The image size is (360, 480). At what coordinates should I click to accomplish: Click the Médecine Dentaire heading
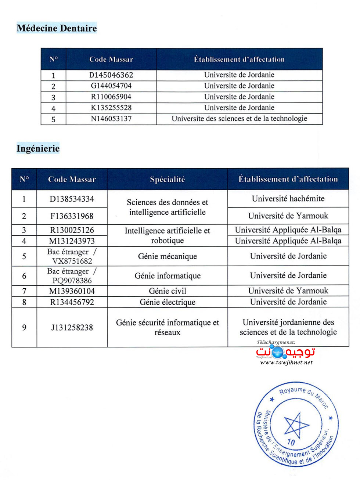(57, 28)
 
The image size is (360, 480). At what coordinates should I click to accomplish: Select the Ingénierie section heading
(38, 148)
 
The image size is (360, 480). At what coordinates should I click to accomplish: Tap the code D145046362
(111, 75)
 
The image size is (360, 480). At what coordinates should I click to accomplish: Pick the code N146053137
(111, 119)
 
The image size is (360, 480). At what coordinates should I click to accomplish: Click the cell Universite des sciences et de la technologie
(239, 119)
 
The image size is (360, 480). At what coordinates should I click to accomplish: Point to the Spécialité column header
(167, 179)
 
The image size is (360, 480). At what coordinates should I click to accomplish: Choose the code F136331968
(72, 216)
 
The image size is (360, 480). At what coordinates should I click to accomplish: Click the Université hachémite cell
(288, 199)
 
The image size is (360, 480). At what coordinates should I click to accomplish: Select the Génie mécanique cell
(167, 256)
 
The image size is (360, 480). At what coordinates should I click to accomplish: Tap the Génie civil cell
(167, 291)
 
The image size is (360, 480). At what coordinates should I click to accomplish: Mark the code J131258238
(72, 327)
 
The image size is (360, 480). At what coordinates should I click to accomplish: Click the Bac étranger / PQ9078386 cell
(72, 276)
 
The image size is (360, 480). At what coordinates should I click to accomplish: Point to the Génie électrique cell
(167, 302)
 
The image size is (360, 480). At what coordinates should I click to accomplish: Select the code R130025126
(72, 230)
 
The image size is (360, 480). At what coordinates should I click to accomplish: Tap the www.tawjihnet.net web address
(286, 362)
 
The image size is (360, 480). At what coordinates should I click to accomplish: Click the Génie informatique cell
(167, 276)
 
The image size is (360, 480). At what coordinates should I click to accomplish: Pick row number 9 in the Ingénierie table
(24, 327)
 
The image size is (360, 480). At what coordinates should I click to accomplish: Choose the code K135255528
(111, 108)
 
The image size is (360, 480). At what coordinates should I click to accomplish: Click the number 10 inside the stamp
(291, 442)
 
